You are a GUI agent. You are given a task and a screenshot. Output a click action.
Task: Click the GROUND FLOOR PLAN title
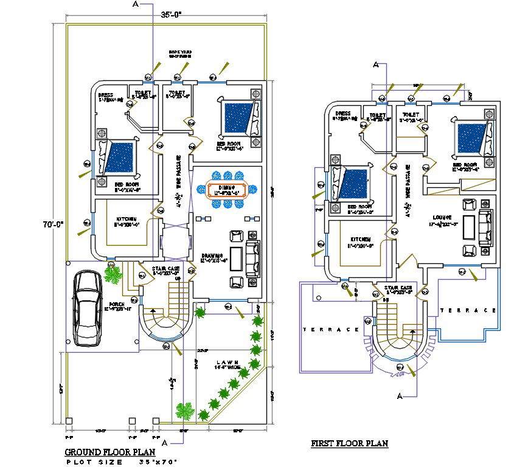(x=110, y=452)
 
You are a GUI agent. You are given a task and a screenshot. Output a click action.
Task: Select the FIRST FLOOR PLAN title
(x=349, y=444)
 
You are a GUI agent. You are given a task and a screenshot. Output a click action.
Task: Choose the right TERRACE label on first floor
(x=468, y=310)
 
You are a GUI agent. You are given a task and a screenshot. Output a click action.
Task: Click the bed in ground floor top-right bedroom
(x=239, y=118)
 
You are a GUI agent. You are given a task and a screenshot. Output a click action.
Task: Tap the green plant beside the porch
(x=113, y=275)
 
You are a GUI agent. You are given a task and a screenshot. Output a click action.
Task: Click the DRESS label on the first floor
(x=342, y=113)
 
